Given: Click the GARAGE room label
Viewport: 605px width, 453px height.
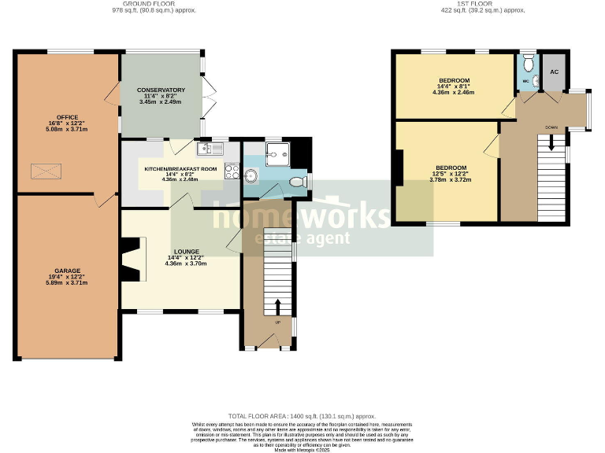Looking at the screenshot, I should (66, 270).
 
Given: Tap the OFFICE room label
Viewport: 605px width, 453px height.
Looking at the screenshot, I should (66, 117).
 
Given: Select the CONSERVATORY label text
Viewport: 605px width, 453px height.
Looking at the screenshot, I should (161, 90).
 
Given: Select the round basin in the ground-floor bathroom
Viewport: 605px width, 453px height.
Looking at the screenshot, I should (252, 175).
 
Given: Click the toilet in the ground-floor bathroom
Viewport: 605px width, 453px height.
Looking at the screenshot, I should (298, 182).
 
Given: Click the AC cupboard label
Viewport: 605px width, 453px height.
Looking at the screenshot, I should (554, 72).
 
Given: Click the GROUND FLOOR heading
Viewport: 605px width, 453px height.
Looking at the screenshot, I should (154, 4).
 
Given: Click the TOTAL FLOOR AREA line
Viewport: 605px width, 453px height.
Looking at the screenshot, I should (302, 416).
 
